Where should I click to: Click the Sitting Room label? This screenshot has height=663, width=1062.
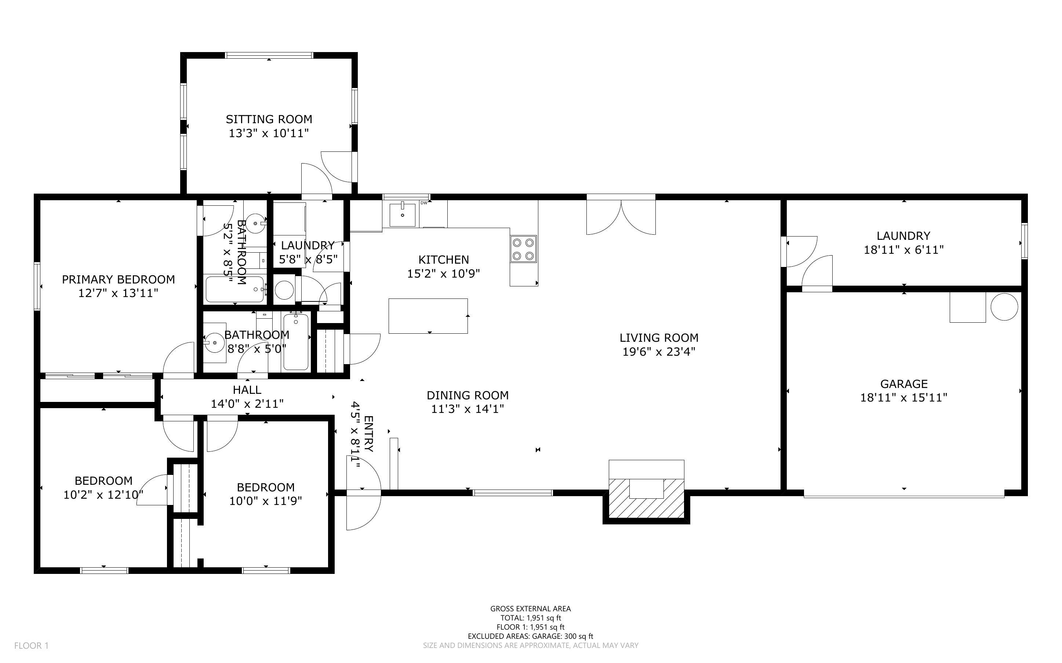tap(269, 119)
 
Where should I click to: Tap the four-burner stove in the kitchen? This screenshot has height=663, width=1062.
tap(523, 249)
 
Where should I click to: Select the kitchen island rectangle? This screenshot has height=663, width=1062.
tap(428, 316)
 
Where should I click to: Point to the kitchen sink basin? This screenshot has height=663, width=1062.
tap(402, 215)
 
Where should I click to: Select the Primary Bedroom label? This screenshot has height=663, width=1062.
tap(119, 279)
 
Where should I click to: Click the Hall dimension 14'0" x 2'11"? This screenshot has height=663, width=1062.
tap(247, 403)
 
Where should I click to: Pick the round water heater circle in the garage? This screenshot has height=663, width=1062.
tap(1004, 307)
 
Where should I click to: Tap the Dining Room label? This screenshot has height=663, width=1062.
tap(468, 395)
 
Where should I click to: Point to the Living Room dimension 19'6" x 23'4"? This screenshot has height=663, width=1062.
tap(659, 352)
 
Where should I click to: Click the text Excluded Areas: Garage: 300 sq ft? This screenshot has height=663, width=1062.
tap(530, 636)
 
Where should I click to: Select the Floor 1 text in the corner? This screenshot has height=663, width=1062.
tap(31, 645)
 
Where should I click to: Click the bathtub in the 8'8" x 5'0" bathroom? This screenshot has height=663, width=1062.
tap(296, 342)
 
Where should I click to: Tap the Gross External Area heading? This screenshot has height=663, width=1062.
tap(530, 609)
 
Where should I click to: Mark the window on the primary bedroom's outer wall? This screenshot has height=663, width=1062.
tap(37, 286)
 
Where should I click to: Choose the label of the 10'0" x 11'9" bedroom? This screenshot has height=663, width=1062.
tap(265, 487)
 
